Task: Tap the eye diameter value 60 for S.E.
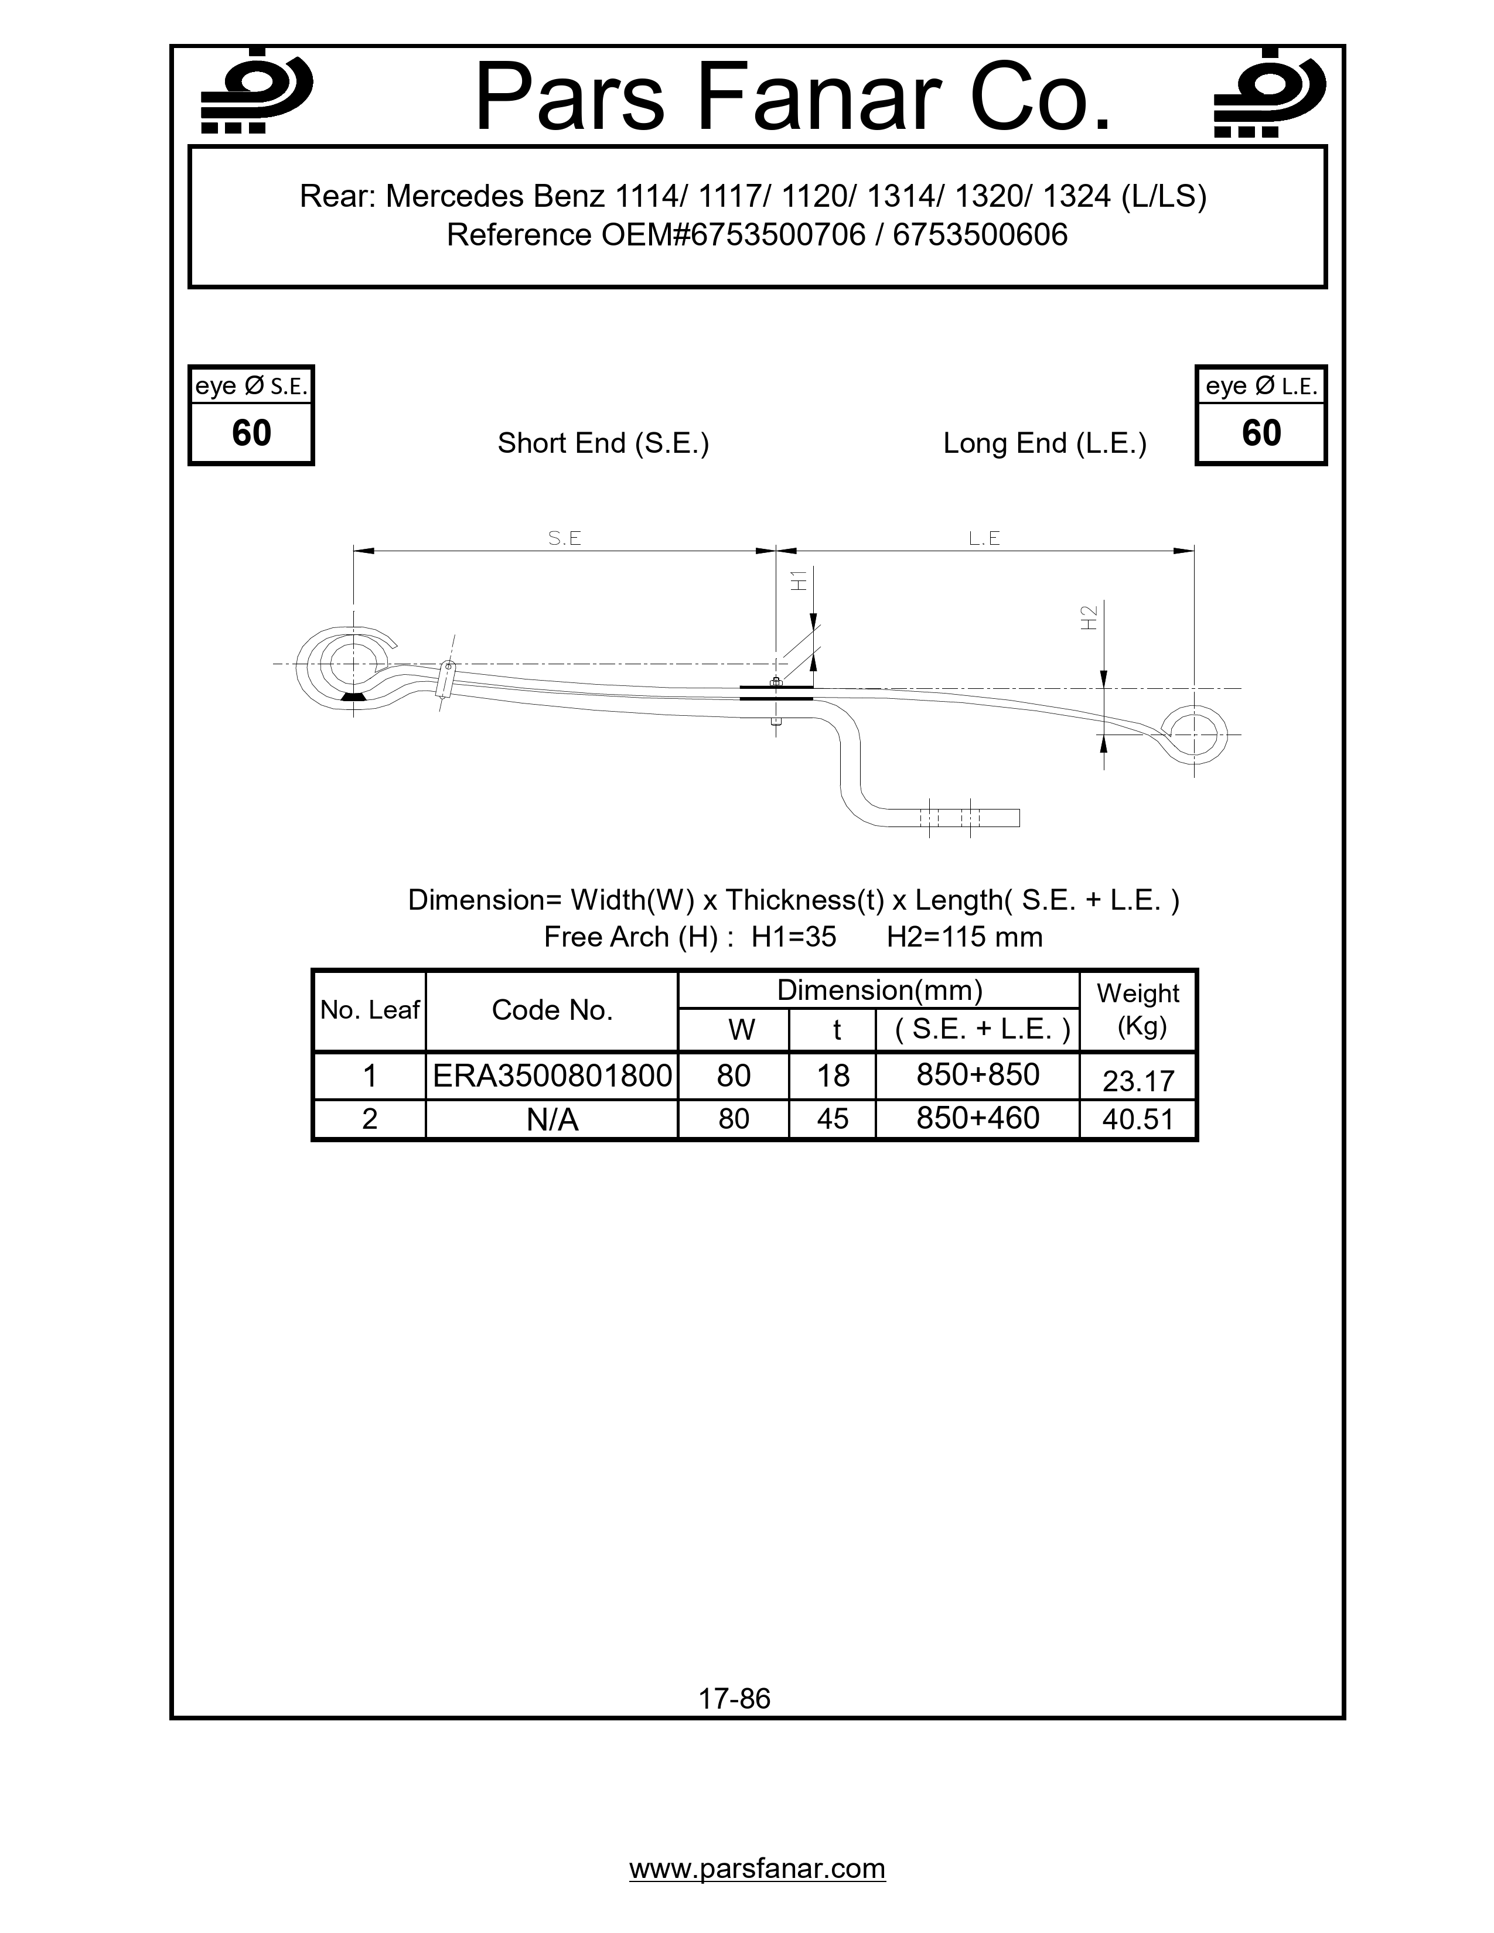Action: (x=251, y=433)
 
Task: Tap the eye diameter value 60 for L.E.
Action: (x=1261, y=433)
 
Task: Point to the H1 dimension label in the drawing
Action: (x=799, y=580)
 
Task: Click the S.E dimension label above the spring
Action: (x=565, y=538)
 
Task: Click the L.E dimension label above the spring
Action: (x=984, y=538)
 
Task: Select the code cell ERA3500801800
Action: (x=552, y=1075)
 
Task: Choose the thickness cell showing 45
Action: (x=832, y=1119)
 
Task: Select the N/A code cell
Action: (x=552, y=1119)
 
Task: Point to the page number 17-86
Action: (x=735, y=1699)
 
